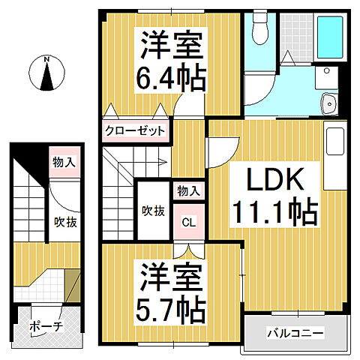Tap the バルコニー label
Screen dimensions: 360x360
click(295, 331)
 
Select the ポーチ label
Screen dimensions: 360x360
click(46, 328)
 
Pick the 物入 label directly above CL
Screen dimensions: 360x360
click(188, 190)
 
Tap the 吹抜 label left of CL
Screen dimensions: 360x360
click(152, 211)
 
